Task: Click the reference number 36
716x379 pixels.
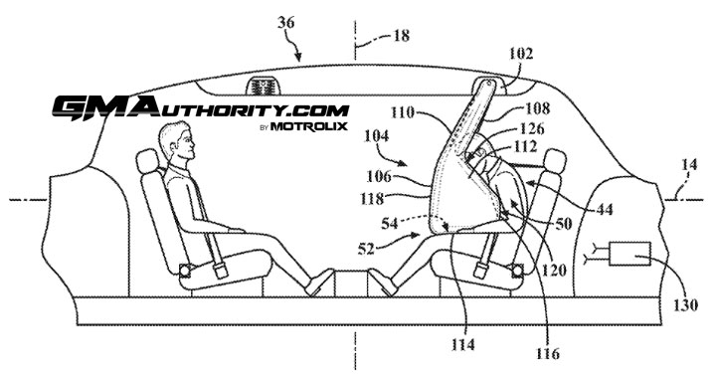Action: point(286,22)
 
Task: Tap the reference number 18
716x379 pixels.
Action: point(401,35)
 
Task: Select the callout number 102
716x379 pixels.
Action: point(520,54)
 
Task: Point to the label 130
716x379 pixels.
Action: point(686,304)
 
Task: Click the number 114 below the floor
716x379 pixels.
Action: point(463,344)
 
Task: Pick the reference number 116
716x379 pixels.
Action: point(548,352)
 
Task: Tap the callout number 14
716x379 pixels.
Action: point(689,164)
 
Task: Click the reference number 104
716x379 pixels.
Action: point(376,135)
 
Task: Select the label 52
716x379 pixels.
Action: point(366,249)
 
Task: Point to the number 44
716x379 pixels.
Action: point(604,209)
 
